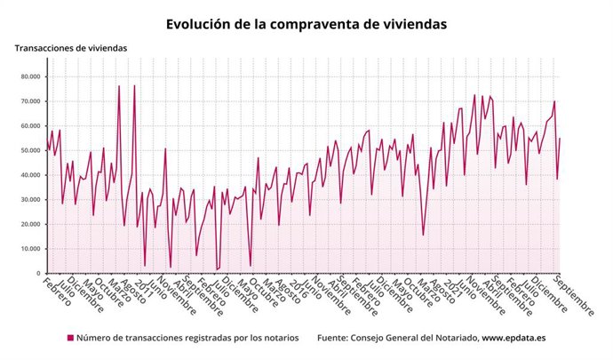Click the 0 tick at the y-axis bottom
tap(39, 273)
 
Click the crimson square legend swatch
tap(70, 338)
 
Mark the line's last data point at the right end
tap(560, 139)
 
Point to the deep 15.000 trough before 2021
tap(423, 235)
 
